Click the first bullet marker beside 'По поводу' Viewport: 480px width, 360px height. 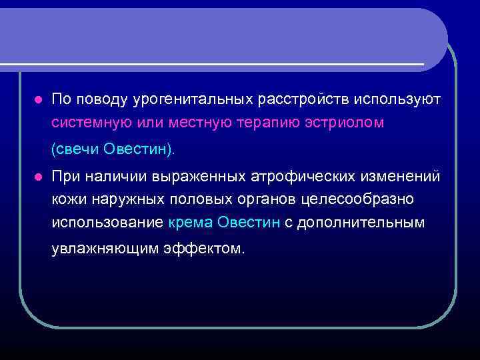(38, 99)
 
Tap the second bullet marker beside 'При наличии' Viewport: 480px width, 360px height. (38, 177)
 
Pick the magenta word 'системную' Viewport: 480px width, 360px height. (86, 123)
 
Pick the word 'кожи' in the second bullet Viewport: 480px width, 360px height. (67, 199)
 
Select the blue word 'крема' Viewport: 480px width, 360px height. (189, 223)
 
